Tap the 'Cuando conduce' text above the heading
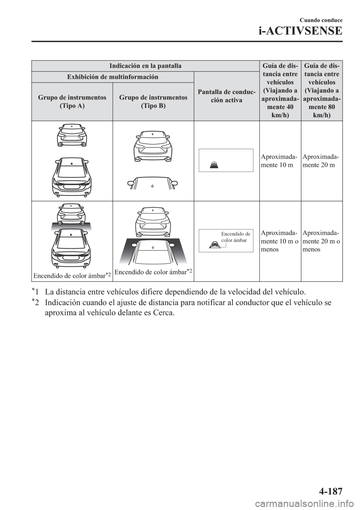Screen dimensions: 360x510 [x=321, y=20]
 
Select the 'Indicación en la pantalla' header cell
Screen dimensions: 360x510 [x=145, y=66]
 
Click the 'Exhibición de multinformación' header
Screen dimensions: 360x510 [x=112, y=77]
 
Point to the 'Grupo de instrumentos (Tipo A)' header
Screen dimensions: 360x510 [x=72, y=102]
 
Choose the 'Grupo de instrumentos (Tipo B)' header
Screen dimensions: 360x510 [x=153, y=102]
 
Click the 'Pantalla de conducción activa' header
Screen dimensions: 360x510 [x=226, y=96]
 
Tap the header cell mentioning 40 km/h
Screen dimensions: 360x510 [x=280, y=91]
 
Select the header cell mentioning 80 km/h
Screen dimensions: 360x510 [x=321, y=91]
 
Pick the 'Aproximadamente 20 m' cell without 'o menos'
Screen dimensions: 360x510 [x=320, y=161]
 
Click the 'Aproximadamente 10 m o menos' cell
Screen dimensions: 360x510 [x=280, y=241]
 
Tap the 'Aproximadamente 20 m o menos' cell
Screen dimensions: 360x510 [x=321, y=241]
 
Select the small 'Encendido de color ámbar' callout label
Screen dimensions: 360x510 [x=235, y=237]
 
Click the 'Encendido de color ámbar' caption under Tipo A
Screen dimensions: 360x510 [x=72, y=276]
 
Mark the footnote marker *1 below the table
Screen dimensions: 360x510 [x=35, y=291]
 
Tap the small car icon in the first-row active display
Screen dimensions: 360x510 [x=213, y=164]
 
